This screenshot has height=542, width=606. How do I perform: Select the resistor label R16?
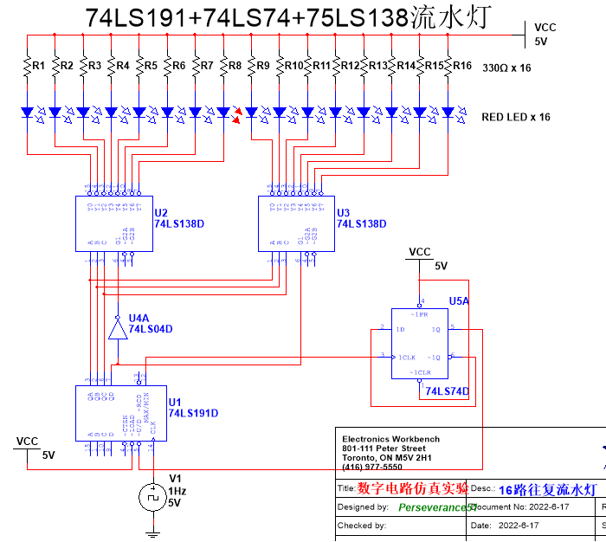[461, 66]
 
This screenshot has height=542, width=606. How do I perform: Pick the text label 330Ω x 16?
[506, 68]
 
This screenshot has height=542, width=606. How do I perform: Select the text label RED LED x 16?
[516, 117]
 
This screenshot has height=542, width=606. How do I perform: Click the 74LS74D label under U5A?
[447, 391]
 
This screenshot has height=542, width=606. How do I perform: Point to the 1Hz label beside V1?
[177, 490]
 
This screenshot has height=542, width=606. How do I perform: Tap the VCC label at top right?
[545, 28]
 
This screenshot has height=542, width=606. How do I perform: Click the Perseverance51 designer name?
[436, 507]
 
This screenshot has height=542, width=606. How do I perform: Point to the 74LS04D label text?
[151, 329]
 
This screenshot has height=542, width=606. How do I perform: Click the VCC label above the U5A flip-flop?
[419, 252]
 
